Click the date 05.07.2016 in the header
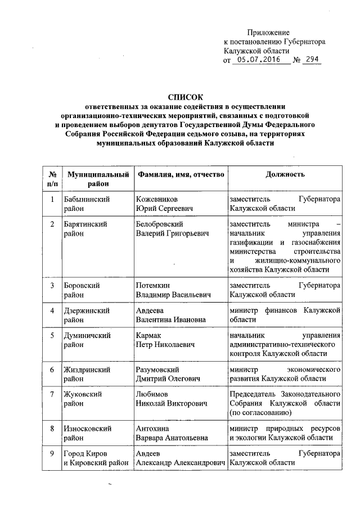pyautogui.click(x=256, y=59)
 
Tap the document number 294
pyautogui.click(x=311, y=59)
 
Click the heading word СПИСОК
pyautogui.click(x=185, y=97)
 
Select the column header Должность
pyautogui.click(x=285, y=174)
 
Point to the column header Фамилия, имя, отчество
pyautogui.click(x=181, y=174)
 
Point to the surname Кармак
pyautogui.click(x=150, y=336)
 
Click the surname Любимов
pyautogui.click(x=152, y=395)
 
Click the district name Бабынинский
pyautogui.click(x=87, y=200)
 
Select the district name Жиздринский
pyautogui.click(x=87, y=370)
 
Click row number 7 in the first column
pyautogui.click(x=52, y=395)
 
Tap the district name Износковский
pyautogui.click(x=87, y=429)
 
